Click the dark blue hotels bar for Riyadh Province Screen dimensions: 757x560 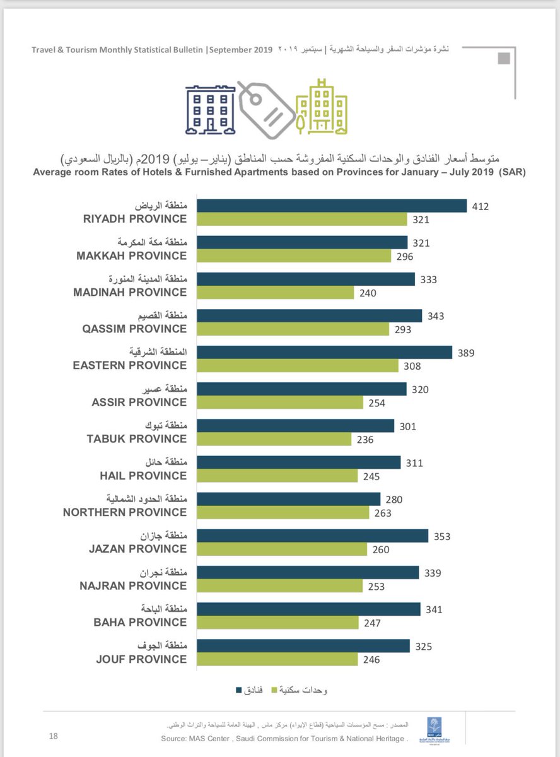[332, 206]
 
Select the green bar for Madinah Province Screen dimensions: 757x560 [276, 293]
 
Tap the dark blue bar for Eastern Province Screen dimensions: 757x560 [325, 353]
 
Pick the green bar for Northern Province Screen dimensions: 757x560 [283, 513]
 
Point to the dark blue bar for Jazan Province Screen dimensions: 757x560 [313, 536]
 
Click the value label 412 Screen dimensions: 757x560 [481, 206]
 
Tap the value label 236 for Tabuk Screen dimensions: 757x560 [365, 440]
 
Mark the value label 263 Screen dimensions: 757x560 [383, 513]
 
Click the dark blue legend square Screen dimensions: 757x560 [240, 690]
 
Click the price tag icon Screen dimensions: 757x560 [266, 110]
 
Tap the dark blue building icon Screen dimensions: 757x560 [210, 110]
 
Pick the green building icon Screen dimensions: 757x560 [322, 108]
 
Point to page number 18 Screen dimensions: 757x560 [54, 736]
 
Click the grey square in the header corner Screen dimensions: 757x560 [505, 59]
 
